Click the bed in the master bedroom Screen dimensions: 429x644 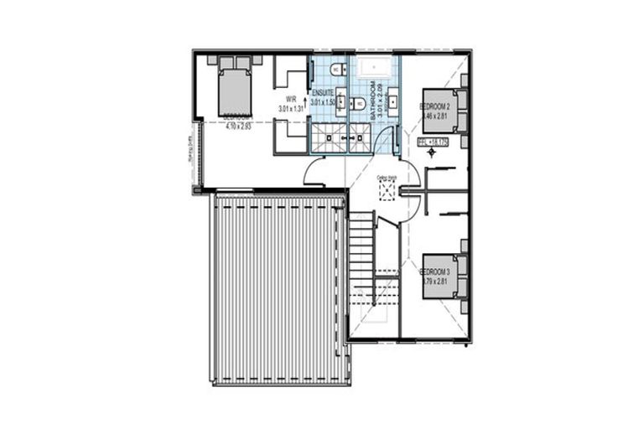pos(235,87)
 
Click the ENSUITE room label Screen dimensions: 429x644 pos(323,91)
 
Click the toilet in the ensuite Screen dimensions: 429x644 pos(336,69)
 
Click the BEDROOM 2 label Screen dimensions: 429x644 pos(435,107)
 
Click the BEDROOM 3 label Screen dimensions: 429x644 pos(435,273)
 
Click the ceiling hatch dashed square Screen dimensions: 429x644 pos(386,191)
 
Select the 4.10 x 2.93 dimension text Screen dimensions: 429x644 pos(237,127)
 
